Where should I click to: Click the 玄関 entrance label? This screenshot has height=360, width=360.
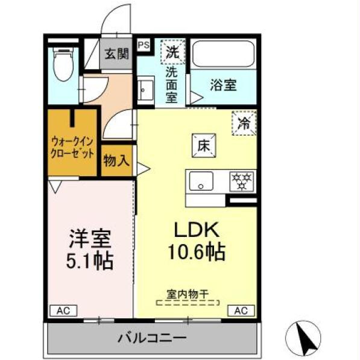(x=117, y=53)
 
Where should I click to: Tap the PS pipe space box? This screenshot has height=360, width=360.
(x=144, y=45)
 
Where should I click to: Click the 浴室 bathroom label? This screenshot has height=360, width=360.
(x=223, y=84)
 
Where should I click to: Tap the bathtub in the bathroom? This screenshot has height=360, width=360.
(x=224, y=55)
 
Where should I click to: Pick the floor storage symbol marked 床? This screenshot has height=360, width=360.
(x=203, y=145)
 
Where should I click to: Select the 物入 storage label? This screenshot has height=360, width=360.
(x=116, y=160)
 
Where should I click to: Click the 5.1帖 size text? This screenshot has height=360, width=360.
(x=89, y=261)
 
